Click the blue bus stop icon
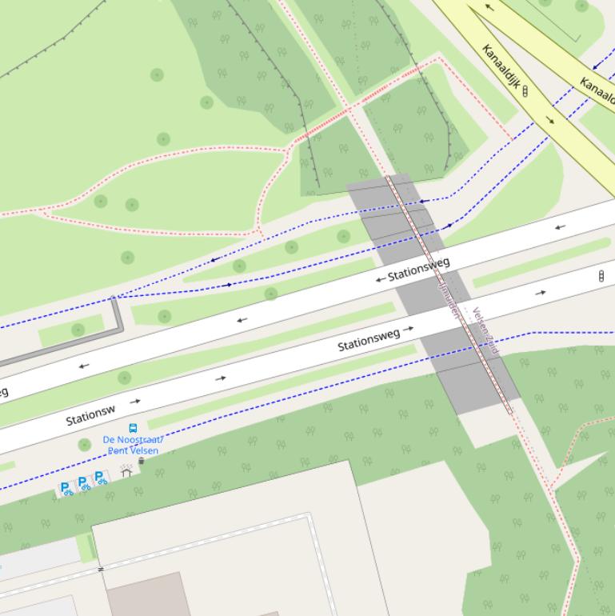133,428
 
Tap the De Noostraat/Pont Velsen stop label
133,445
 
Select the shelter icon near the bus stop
126,471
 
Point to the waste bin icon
142,461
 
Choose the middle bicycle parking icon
83,483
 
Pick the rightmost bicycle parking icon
100,478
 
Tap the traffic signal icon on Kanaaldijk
525,91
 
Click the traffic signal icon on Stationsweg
601,276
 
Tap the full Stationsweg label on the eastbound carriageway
369,339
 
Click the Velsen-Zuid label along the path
485,331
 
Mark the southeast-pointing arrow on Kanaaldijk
550,120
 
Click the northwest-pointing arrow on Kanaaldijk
489,7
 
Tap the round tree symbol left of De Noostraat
85,444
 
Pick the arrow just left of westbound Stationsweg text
380,279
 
